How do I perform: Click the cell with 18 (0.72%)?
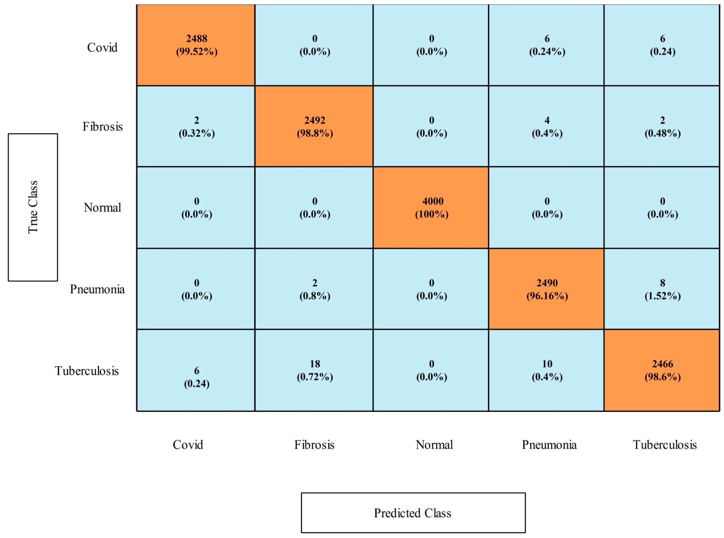[x=314, y=370]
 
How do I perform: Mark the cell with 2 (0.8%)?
[x=314, y=289]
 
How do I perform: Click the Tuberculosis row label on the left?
[x=87, y=371]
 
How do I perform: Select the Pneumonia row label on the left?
[x=97, y=289]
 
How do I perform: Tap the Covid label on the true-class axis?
[x=102, y=48]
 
